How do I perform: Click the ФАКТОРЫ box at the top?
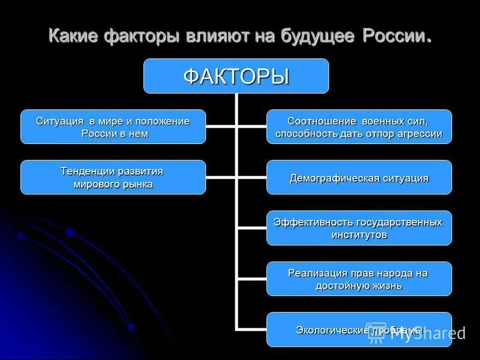(x=236, y=76)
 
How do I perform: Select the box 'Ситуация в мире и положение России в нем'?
(x=113, y=127)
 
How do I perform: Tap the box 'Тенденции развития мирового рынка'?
(x=113, y=177)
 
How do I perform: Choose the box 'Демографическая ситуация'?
(x=359, y=178)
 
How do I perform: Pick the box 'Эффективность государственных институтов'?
(x=359, y=228)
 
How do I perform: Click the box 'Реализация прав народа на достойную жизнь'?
(x=359, y=279)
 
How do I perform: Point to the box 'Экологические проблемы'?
(x=359, y=329)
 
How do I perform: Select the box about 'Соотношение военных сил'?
(x=359, y=127)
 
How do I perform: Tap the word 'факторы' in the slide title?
(x=142, y=35)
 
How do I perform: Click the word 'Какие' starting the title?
(x=73, y=35)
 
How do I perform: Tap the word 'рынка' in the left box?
(x=137, y=184)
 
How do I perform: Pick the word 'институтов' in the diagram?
(x=359, y=235)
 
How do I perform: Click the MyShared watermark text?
(x=427, y=334)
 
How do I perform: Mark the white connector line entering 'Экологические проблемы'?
(x=252, y=329)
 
